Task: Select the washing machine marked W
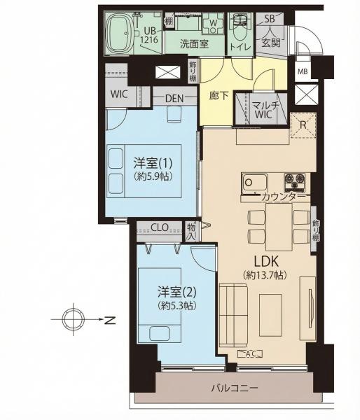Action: pyautogui.click(x=213, y=24)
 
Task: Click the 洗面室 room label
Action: pyautogui.click(x=194, y=44)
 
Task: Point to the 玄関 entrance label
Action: pyautogui.click(x=271, y=42)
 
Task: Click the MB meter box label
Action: pyautogui.click(x=303, y=71)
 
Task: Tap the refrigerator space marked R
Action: pyautogui.click(x=303, y=125)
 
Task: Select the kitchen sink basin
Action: pyautogui.click(x=255, y=183)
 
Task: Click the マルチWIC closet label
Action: pyautogui.click(x=264, y=110)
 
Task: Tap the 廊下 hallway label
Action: pyautogui.click(x=219, y=95)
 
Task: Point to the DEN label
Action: pyautogui.click(x=174, y=99)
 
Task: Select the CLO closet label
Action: pyautogui.click(x=160, y=227)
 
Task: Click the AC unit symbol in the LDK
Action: pyautogui.click(x=250, y=353)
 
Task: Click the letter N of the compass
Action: pyautogui.click(x=110, y=320)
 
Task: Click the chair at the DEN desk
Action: pyautogui.click(x=175, y=114)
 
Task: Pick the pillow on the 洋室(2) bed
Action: pyautogui.click(x=160, y=334)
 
